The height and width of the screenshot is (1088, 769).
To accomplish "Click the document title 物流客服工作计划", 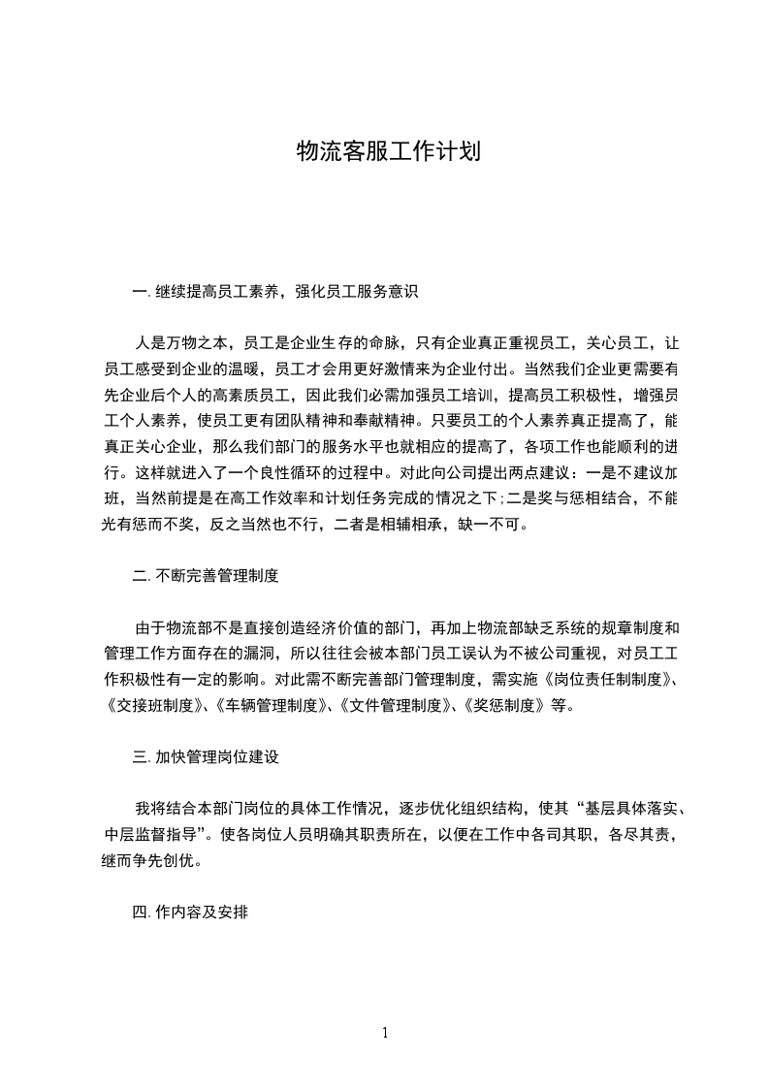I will pos(388,152).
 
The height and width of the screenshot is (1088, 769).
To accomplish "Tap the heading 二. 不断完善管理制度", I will pos(206,575).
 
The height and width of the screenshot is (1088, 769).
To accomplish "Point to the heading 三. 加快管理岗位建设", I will pos(206,757).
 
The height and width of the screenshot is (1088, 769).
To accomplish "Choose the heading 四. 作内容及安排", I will pos(192,912).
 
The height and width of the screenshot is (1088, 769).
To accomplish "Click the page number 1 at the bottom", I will pos(385,1033).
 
